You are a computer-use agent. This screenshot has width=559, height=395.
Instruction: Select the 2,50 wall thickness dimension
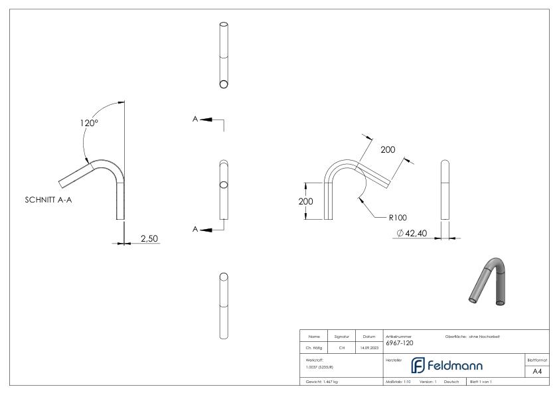pyautogui.click(x=149, y=238)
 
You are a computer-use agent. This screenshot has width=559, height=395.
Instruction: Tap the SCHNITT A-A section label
pyautogui.click(x=48, y=199)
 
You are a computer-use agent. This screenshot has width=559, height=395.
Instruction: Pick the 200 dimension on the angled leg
pyautogui.click(x=388, y=149)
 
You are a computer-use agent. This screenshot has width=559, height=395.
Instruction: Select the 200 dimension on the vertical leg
pyautogui.click(x=305, y=200)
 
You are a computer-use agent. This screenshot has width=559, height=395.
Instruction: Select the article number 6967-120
pyautogui.click(x=399, y=343)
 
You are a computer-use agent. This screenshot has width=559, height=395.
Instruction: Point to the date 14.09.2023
pyautogui.click(x=369, y=347)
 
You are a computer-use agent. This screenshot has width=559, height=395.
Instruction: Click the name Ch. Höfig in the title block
pyautogui.click(x=312, y=347)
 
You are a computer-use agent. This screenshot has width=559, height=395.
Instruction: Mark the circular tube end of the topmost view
pyautogui.click(x=224, y=84)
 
